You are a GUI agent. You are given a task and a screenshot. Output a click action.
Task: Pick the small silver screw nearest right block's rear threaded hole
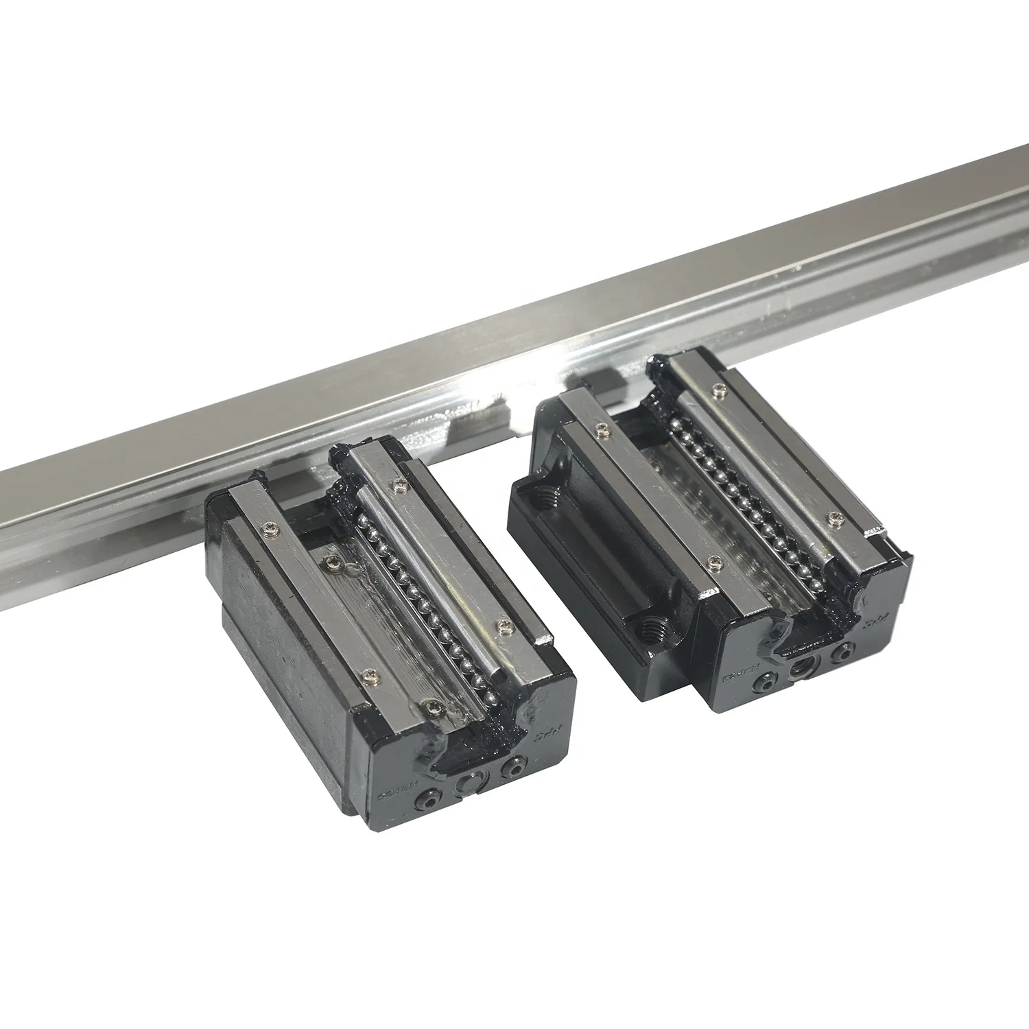pyautogui.click(x=603, y=429)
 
